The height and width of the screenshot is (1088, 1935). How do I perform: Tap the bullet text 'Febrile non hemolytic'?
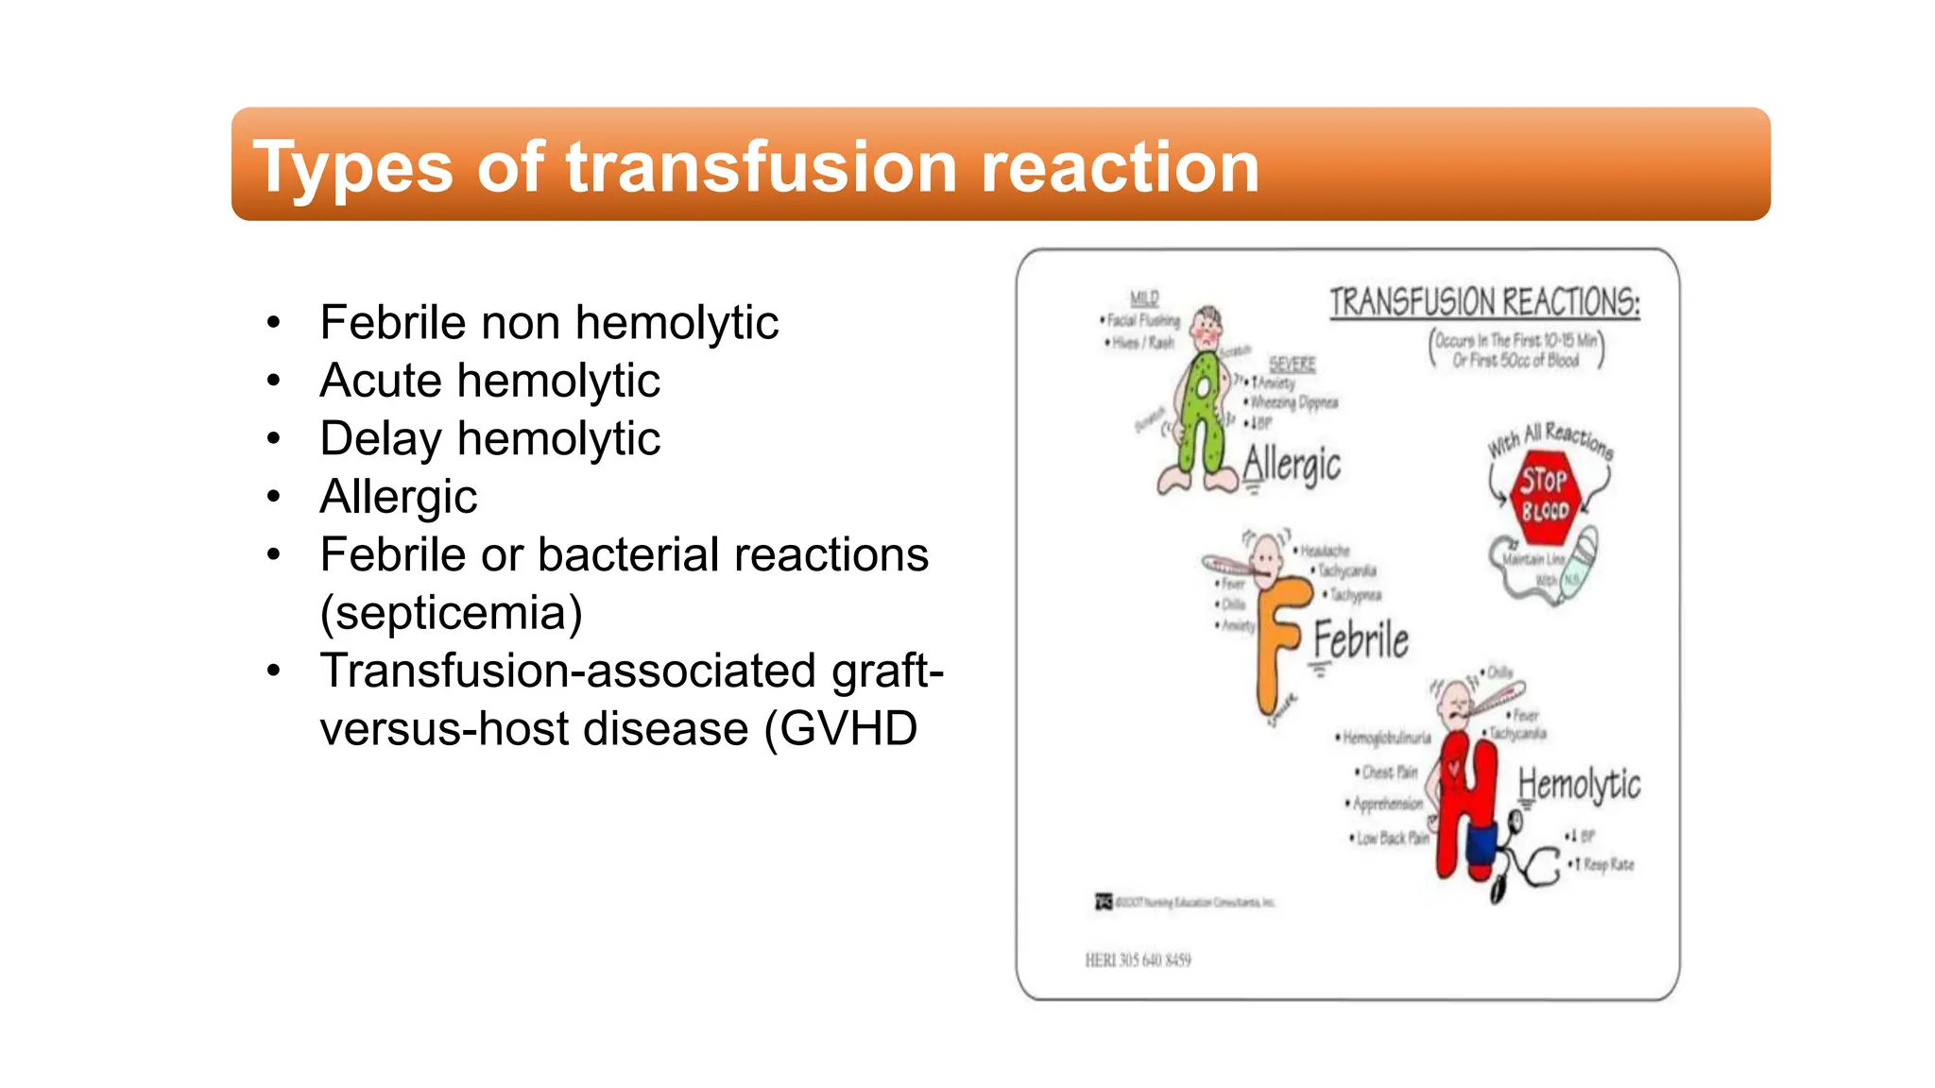tap(548, 323)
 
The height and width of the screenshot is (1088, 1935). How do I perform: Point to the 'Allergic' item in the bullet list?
tap(398, 497)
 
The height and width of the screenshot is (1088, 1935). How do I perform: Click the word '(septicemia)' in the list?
tap(451, 613)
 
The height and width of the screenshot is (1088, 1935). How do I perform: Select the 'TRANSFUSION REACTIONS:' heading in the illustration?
tap(1484, 303)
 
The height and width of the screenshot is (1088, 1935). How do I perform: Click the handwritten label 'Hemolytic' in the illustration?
tap(1579, 785)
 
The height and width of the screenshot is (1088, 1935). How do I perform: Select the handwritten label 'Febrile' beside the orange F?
tap(1361, 640)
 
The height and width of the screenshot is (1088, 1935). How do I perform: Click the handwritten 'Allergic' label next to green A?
tap(1292, 465)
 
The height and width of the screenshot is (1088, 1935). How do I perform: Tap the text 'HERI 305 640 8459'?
tap(1138, 960)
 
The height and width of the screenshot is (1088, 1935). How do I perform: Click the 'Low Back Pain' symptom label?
tap(1391, 838)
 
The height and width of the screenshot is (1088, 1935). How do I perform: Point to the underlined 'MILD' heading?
tap(1144, 298)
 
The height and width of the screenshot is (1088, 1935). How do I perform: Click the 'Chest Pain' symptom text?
tap(1389, 773)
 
